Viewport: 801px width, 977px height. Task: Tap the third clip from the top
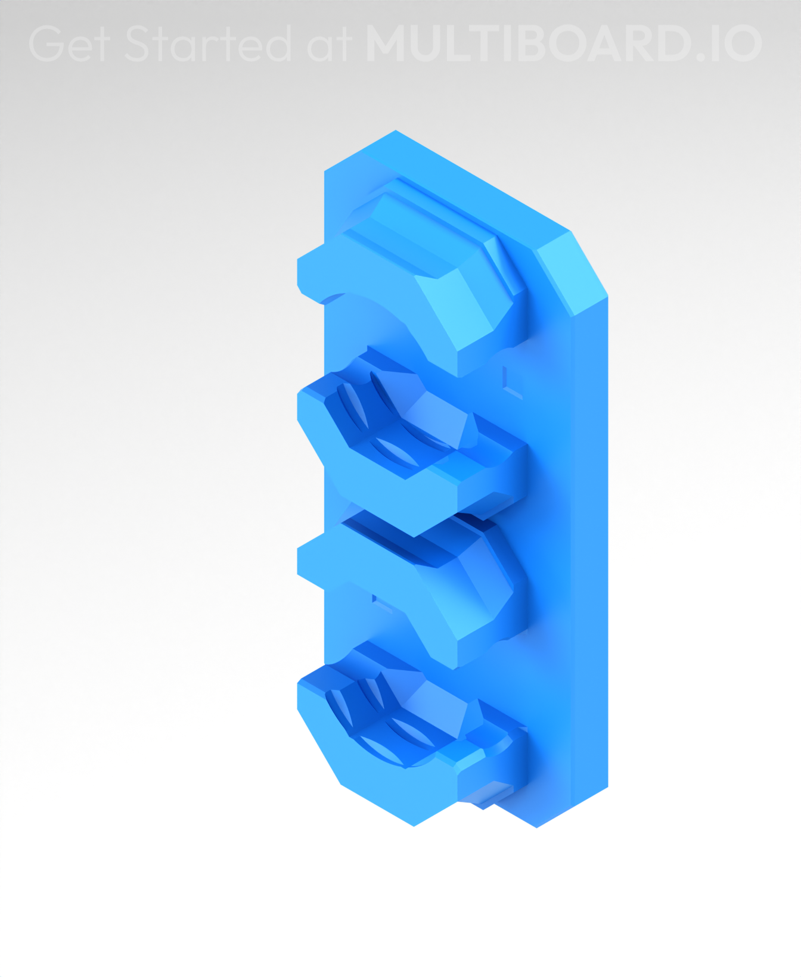417,590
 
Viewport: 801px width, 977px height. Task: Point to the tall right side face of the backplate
590,536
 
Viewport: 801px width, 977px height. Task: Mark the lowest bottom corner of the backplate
536,826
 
